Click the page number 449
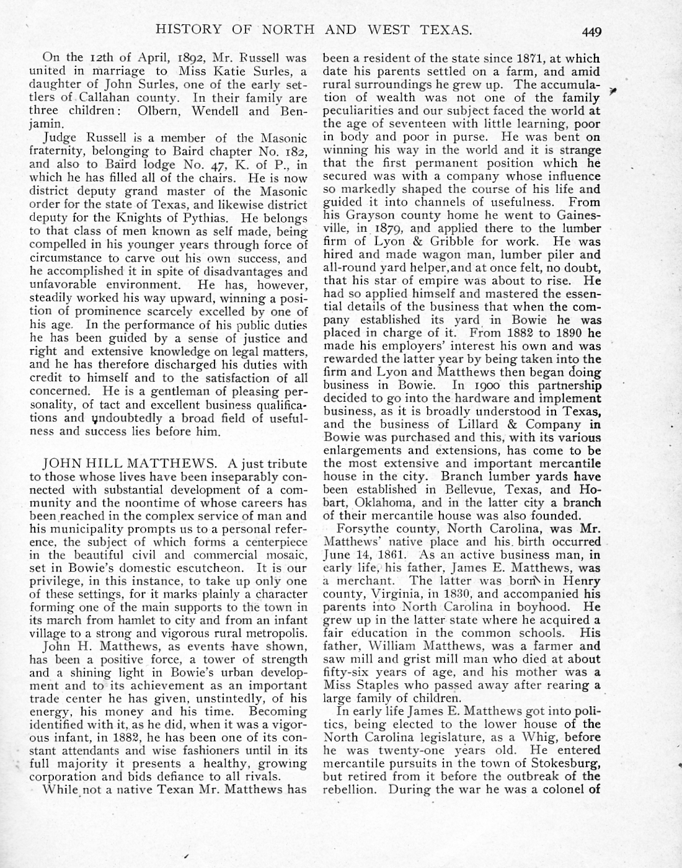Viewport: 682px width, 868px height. pyautogui.click(x=591, y=31)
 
